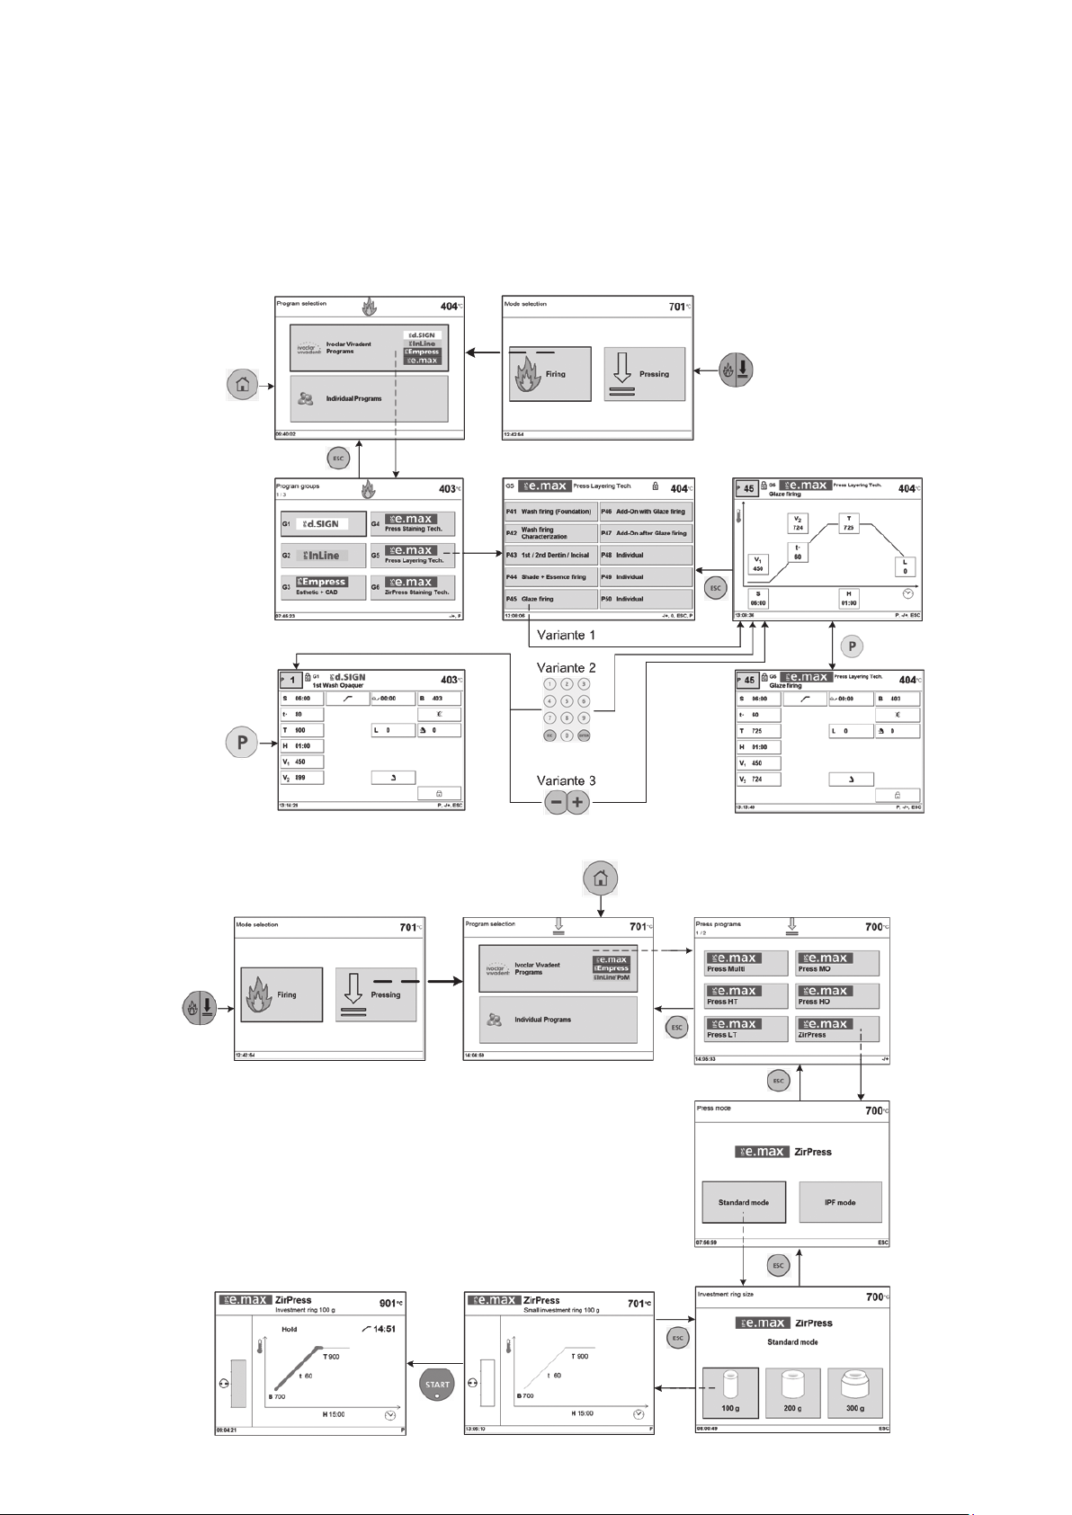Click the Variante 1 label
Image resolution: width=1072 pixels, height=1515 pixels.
567,635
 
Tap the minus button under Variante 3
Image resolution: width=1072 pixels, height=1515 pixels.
556,803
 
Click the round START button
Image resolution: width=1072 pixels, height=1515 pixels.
435,1385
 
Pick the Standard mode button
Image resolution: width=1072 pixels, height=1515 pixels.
743,1202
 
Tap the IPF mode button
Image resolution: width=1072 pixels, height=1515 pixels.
840,1202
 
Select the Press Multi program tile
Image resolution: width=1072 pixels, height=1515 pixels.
746,963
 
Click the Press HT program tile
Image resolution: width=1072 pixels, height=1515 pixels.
746,995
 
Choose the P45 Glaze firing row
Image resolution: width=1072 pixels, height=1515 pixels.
550,599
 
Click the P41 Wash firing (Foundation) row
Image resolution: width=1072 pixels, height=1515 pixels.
550,512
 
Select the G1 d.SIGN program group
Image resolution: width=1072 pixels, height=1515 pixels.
323,523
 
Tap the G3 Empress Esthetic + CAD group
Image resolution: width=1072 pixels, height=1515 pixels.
323,587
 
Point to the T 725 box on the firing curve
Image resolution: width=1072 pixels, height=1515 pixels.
848,523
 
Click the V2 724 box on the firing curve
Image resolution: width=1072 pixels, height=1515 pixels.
798,523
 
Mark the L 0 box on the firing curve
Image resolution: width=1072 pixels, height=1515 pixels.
905,566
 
